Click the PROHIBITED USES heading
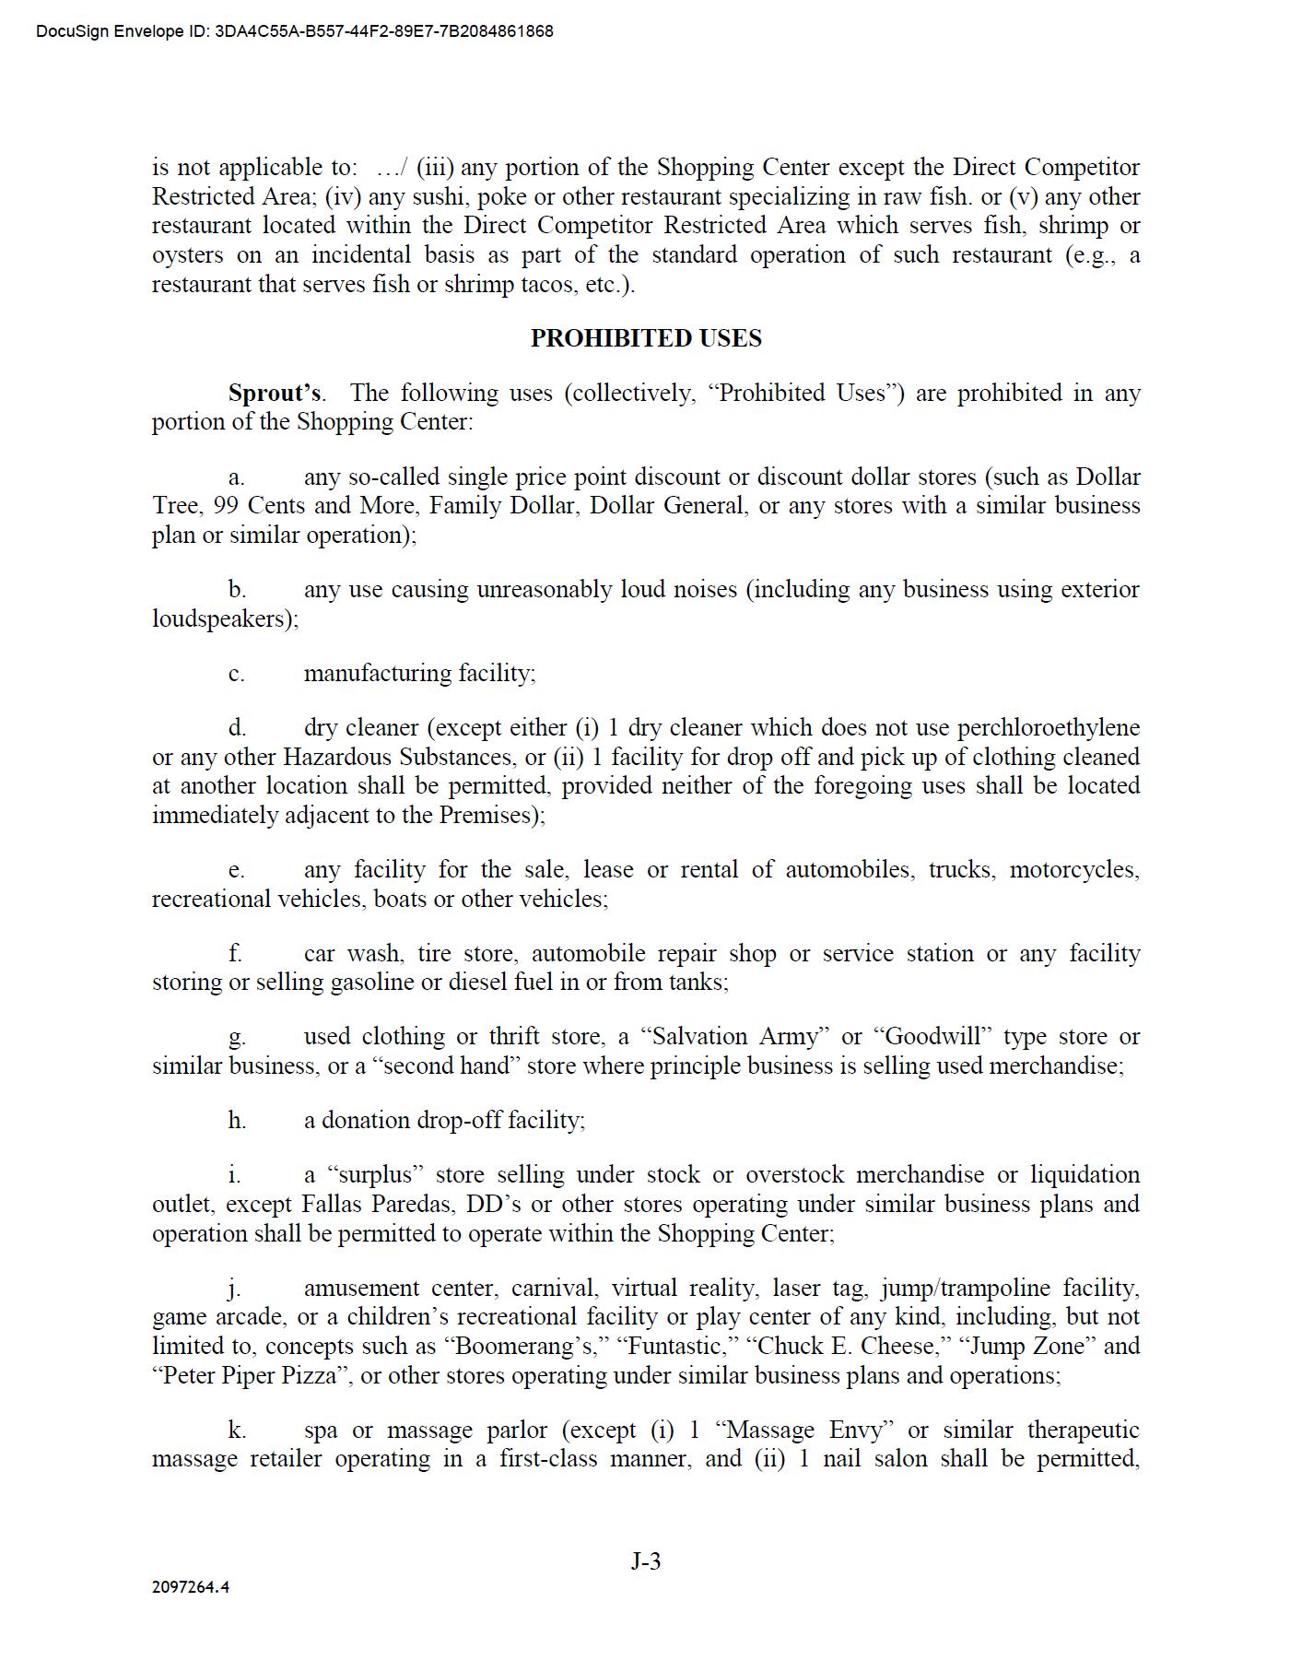coord(645,338)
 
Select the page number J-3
coord(645,1560)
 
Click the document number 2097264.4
coord(191,1587)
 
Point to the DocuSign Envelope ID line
coord(295,31)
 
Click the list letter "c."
coord(237,674)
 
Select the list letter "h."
coord(237,1121)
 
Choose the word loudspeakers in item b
coord(223,618)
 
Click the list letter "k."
coord(237,1431)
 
